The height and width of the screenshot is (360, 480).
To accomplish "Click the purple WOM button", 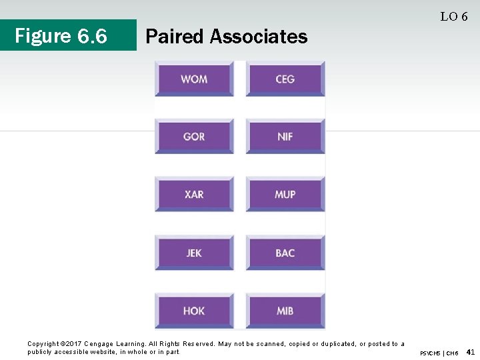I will (x=194, y=79).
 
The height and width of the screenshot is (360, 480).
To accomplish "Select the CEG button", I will (x=285, y=79).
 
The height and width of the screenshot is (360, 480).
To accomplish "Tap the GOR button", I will (x=194, y=137).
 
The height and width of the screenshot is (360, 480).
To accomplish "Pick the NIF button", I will (x=285, y=137).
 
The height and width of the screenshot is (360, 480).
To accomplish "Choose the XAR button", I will (x=194, y=195).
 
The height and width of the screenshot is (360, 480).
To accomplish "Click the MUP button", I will (x=285, y=195).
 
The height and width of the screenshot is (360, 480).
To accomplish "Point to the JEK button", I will (x=194, y=253).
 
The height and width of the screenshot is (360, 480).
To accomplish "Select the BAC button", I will (x=285, y=253).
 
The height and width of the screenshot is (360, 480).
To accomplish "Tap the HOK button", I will (x=194, y=311).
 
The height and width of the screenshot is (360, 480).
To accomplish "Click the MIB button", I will (x=285, y=311).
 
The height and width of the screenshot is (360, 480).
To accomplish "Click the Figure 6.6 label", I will (x=61, y=36).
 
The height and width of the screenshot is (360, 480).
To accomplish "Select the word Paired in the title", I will (x=175, y=36).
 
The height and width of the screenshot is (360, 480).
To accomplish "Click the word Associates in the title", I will (x=259, y=36).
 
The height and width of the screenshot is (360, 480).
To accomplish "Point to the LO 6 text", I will (x=453, y=17).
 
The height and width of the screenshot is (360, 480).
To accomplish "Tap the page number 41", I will (x=471, y=351).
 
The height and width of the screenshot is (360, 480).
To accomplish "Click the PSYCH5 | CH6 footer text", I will (x=439, y=353).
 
